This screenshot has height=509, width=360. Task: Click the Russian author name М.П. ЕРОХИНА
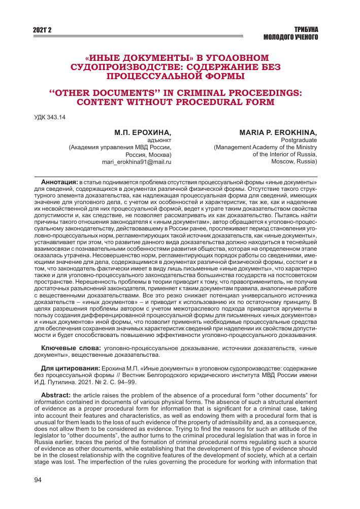(x=143, y=132)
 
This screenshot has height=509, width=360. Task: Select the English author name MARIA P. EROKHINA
(x=278, y=132)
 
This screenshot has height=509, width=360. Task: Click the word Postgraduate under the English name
(x=299, y=140)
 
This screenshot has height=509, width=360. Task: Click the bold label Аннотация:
(x=59, y=182)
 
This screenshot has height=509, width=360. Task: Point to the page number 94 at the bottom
(x=38, y=480)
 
